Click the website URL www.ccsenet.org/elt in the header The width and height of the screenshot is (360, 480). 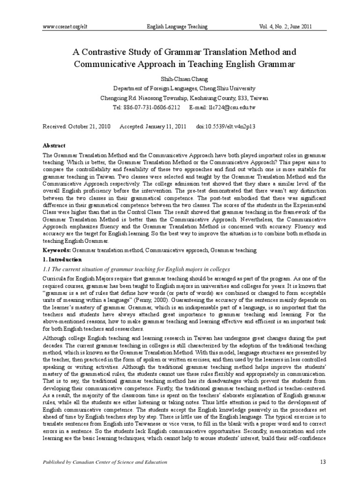[x=65, y=27]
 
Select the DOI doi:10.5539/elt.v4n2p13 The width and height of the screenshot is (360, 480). [x=225, y=127]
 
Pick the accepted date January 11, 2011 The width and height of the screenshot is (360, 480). [x=165, y=127]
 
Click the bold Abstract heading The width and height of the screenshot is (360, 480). [x=54, y=146]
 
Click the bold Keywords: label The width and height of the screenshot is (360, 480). [x=57, y=251]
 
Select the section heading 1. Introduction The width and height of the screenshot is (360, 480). [x=62, y=259]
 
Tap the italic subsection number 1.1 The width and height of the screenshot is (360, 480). [x=47, y=269]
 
